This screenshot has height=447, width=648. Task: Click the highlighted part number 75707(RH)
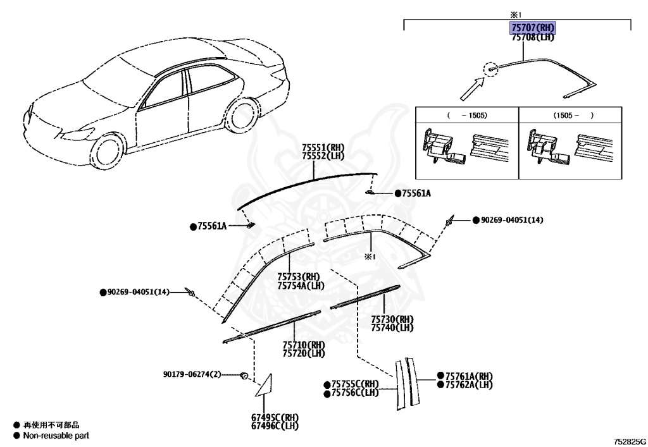(533, 28)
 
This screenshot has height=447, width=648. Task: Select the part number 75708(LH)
(533, 37)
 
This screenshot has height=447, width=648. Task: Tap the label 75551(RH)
(323, 147)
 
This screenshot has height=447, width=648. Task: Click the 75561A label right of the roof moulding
(415, 193)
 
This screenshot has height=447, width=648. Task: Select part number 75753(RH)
(299, 276)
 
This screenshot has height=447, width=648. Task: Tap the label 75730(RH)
(392, 319)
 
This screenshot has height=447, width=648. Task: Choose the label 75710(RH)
(303, 345)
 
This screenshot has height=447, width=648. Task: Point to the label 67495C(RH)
(274, 418)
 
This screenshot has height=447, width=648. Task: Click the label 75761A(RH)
(468, 376)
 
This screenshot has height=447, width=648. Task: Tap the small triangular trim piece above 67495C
(261, 387)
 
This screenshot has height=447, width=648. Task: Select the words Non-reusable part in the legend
(56, 436)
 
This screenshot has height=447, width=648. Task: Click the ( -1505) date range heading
(466, 116)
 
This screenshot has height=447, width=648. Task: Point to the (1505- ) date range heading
(574, 116)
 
